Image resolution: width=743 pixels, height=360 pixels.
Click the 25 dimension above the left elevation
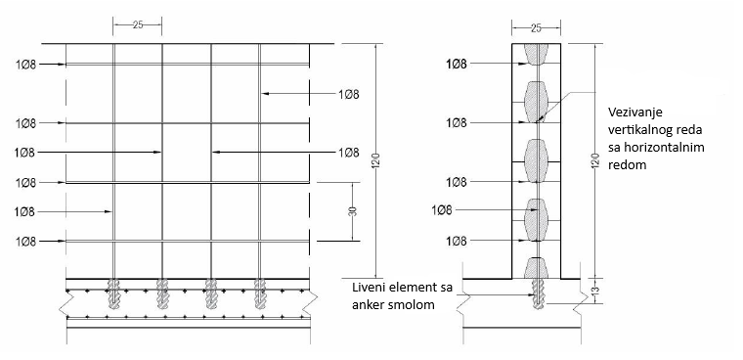pos(138,24)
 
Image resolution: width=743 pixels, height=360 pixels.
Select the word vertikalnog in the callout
pos(641,131)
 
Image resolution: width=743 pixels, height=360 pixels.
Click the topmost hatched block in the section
pos(535,53)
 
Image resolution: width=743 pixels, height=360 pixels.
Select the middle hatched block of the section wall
pos(535,159)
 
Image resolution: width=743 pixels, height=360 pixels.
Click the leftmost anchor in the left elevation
pos(114,293)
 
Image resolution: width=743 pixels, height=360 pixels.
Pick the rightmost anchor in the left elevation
pos(260,293)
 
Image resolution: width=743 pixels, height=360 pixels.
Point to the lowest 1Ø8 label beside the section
pos(456,241)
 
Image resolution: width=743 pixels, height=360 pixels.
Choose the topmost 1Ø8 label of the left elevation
pos(25,65)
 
